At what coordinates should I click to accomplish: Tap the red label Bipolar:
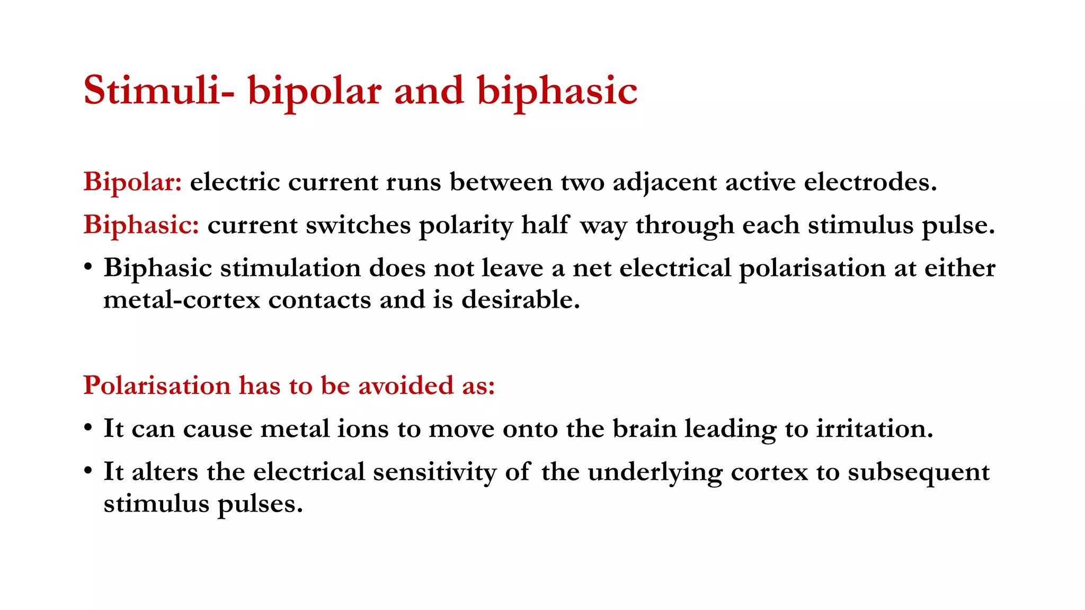click(x=133, y=182)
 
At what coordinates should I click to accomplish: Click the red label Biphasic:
click(x=141, y=225)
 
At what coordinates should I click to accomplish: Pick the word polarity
click(x=466, y=226)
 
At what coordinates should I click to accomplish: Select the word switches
click(x=358, y=225)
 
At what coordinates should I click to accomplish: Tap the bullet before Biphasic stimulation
click(x=88, y=267)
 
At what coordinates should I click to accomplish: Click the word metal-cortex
click(x=182, y=300)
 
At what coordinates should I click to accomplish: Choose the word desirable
click(x=521, y=300)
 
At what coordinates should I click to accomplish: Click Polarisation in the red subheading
click(x=157, y=385)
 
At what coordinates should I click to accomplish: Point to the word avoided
click(x=406, y=385)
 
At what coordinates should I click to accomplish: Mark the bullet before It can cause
click(x=88, y=427)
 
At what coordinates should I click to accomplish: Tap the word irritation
click(x=874, y=428)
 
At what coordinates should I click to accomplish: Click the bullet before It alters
click(x=88, y=471)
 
